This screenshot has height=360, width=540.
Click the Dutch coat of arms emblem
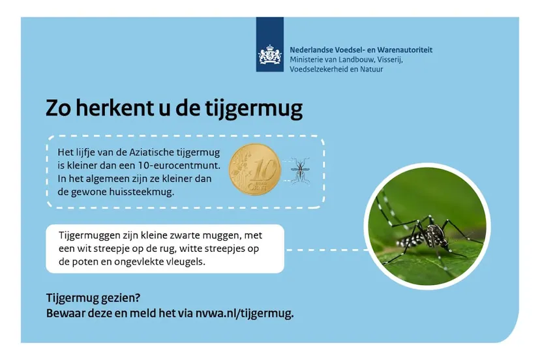click(269, 55)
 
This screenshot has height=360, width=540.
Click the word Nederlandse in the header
click(311, 50)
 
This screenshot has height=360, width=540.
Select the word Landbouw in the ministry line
click(357, 59)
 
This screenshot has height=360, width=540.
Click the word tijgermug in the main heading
click(254, 109)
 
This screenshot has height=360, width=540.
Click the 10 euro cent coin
click(255, 169)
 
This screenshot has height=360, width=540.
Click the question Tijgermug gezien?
click(93, 298)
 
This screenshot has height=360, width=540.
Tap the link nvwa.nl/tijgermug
click(245, 314)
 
